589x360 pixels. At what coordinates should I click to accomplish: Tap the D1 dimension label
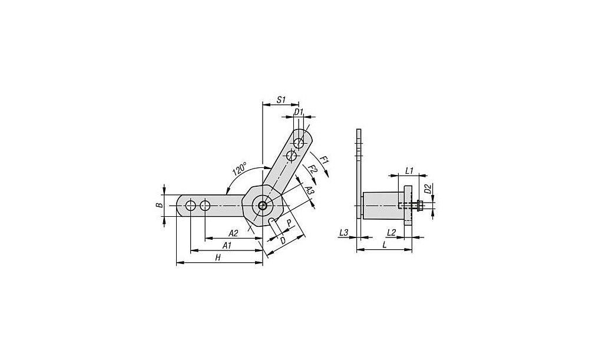click(x=299, y=112)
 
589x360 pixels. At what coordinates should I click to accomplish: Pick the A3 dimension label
click(x=309, y=190)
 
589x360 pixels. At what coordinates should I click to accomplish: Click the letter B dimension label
click(x=160, y=205)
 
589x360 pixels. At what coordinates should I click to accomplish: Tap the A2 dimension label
click(x=233, y=233)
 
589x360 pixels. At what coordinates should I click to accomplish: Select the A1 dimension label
click(x=227, y=246)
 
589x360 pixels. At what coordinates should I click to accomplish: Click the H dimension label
click(x=217, y=258)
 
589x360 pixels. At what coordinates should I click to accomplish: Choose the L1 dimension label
click(x=409, y=171)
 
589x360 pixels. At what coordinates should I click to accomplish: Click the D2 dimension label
click(x=428, y=189)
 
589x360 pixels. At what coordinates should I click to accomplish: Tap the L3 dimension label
click(x=343, y=233)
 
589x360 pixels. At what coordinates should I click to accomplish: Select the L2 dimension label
click(x=392, y=233)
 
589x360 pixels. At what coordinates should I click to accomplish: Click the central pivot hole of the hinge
click(x=262, y=205)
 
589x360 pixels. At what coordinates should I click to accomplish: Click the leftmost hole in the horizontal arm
click(x=191, y=206)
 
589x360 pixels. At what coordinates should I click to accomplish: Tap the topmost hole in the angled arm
click(x=299, y=143)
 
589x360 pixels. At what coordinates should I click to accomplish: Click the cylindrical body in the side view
click(x=382, y=206)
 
